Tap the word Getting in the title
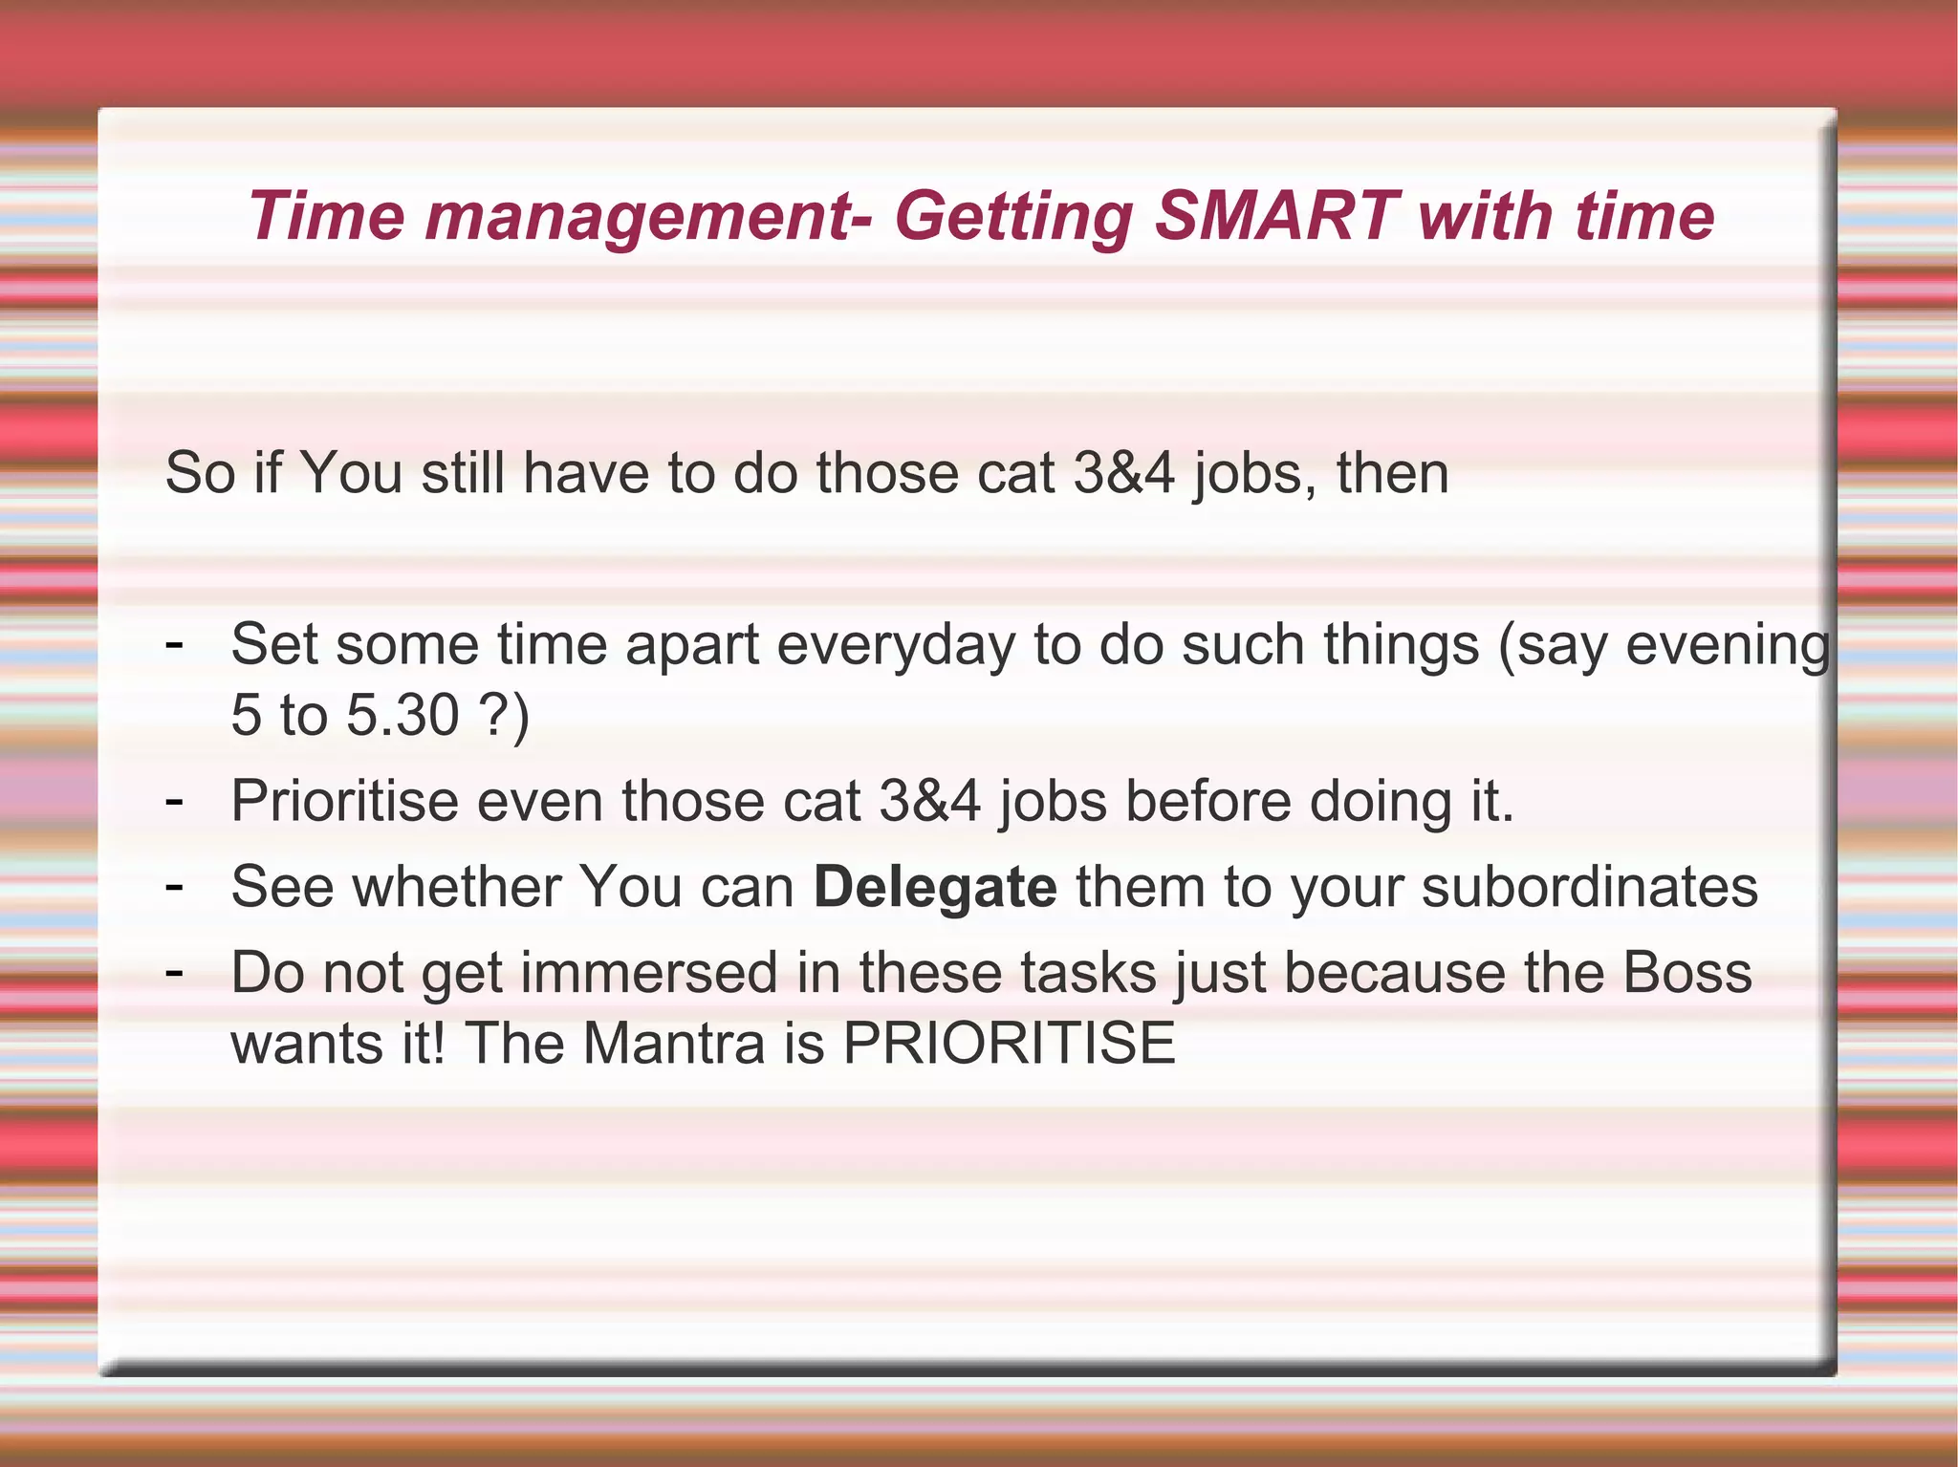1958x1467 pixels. pyautogui.click(x=1015, y=218)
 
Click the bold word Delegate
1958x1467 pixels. pyautogui.click(x=935, y=888)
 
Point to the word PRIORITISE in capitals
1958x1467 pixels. pyautogui.click(x=1009, y=1043)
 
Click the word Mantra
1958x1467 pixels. pyautogui.click(x=674, y=1043)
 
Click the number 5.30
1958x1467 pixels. pyautogui.click(x=402, y=715)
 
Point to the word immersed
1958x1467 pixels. pyautogui.click(x=649, y=973)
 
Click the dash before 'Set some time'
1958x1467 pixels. pyautogui.click(x=174, y=644)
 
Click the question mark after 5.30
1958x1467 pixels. pyautogui.click(x=491, y=715)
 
